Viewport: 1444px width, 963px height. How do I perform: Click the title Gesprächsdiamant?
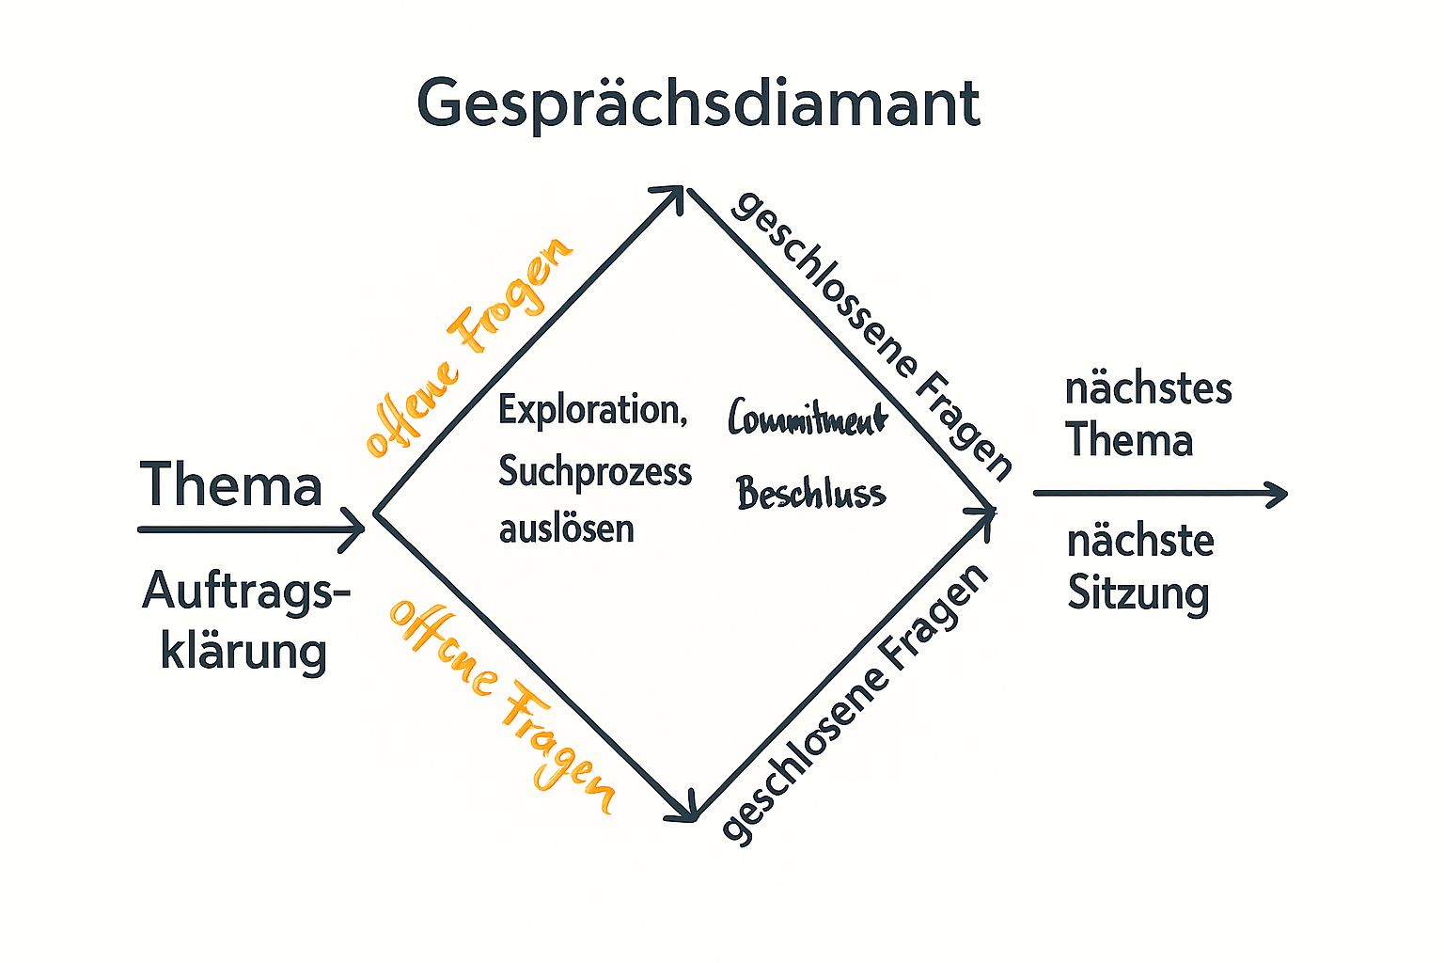698,103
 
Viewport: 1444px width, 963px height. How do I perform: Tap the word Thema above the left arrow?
231,484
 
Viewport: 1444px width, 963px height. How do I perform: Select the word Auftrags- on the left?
246,592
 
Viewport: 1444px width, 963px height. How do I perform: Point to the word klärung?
243,651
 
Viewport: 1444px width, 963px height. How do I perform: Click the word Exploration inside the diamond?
592,410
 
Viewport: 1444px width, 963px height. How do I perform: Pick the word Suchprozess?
594,471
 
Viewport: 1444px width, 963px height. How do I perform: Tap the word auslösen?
566,529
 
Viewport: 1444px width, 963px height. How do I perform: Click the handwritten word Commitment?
807,418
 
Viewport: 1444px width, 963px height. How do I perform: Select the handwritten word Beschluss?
810,494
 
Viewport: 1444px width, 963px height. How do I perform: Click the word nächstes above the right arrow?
1148,388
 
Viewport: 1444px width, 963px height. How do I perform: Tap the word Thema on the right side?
1129,440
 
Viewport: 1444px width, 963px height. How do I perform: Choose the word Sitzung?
1138,594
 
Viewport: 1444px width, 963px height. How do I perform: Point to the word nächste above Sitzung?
1139,542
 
